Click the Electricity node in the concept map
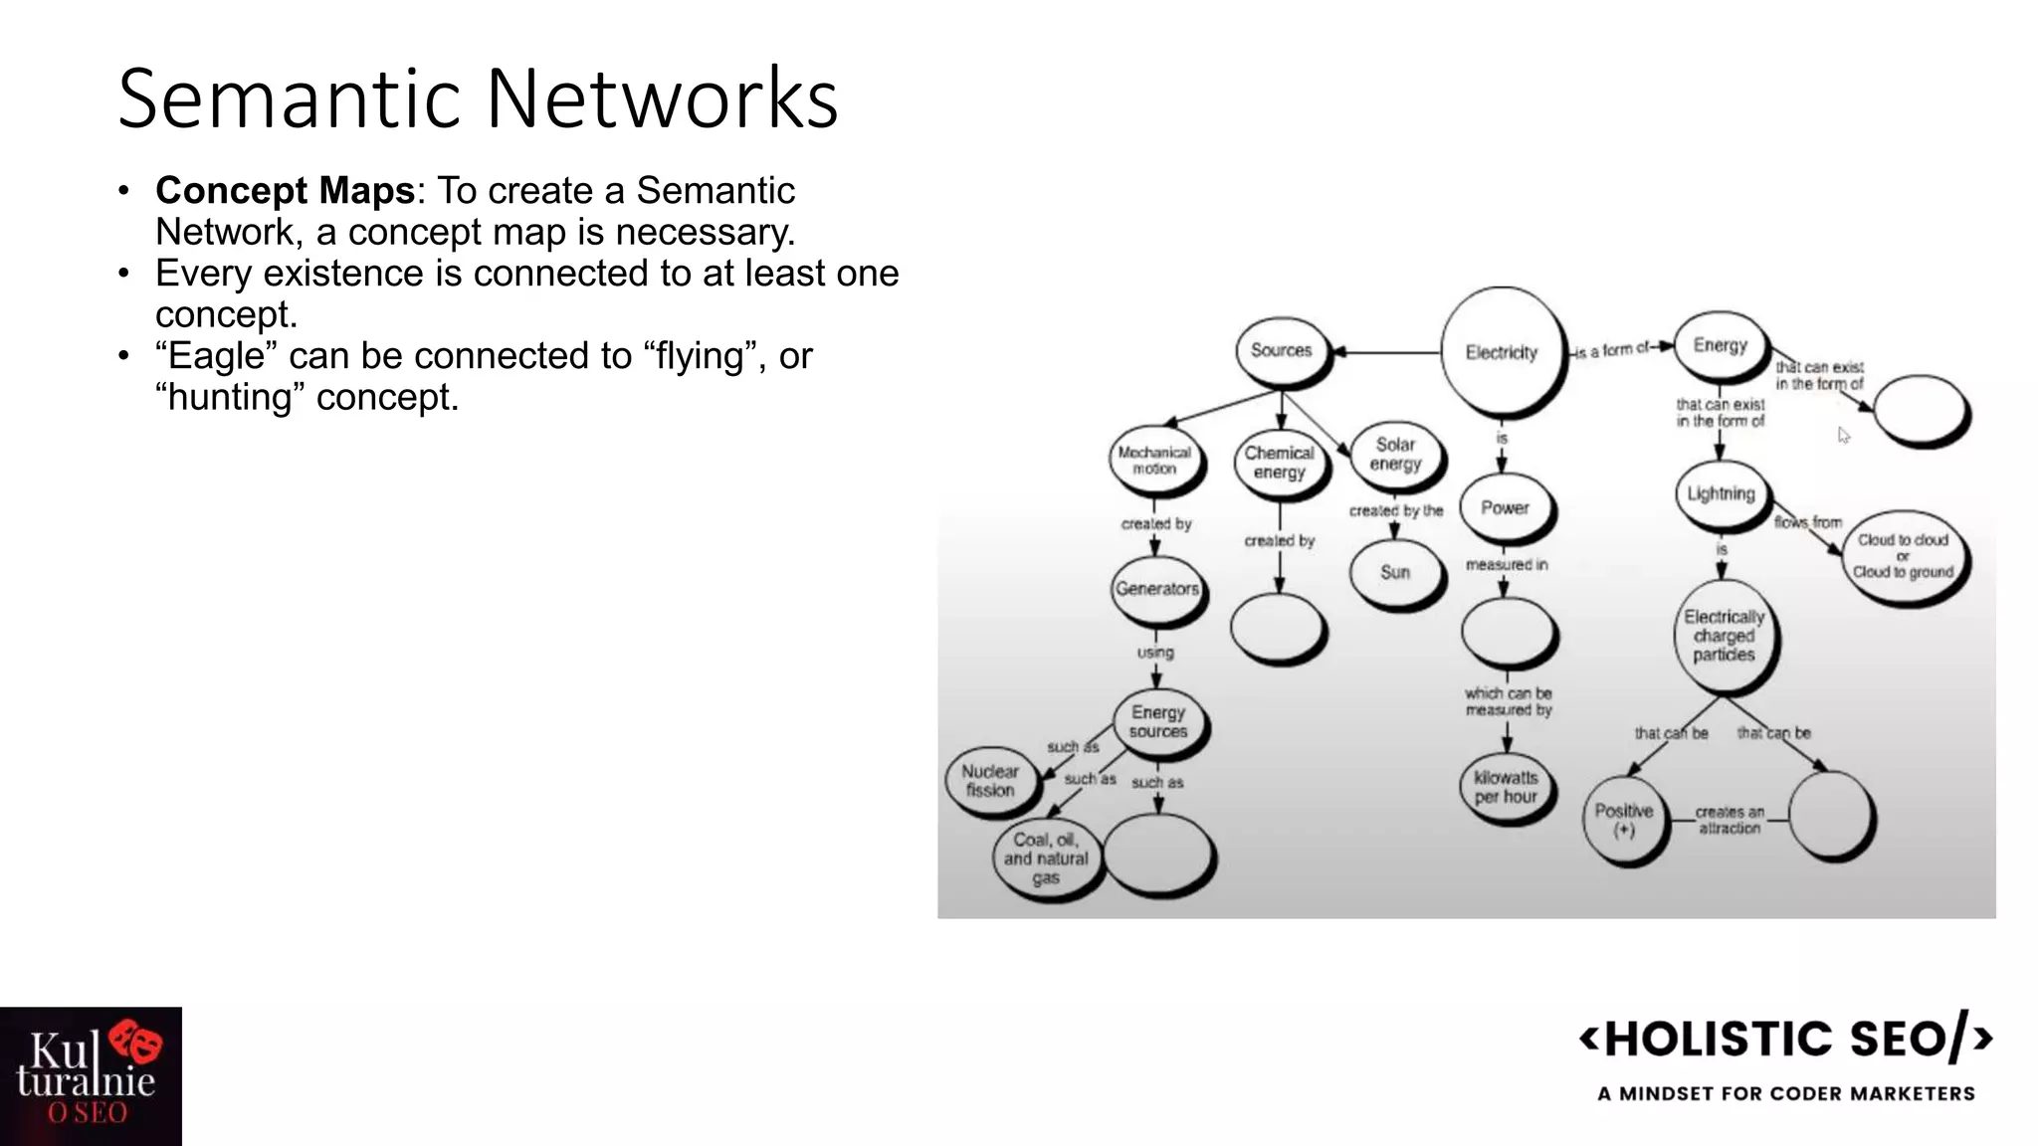coord(1501,352)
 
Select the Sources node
coord(1281,350)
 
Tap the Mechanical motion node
coord(1154,461)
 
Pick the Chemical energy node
coord(1280,463)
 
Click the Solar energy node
coord(1395,455)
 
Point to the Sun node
coord(1395,573)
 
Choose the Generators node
coord(1156,589)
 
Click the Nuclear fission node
coord(990,781)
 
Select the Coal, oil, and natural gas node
coord(1046,859)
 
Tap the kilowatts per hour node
coord(1506,788)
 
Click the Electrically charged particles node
coord(1724,636)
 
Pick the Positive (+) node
coord(1624,820)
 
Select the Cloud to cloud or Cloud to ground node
coord(1903,556)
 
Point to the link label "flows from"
coord(1808,522)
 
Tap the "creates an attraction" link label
coord(1730,820)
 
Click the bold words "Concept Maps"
coord(285,190)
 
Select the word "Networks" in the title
coord(662,98)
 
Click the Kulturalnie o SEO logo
coord(91,1076)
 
